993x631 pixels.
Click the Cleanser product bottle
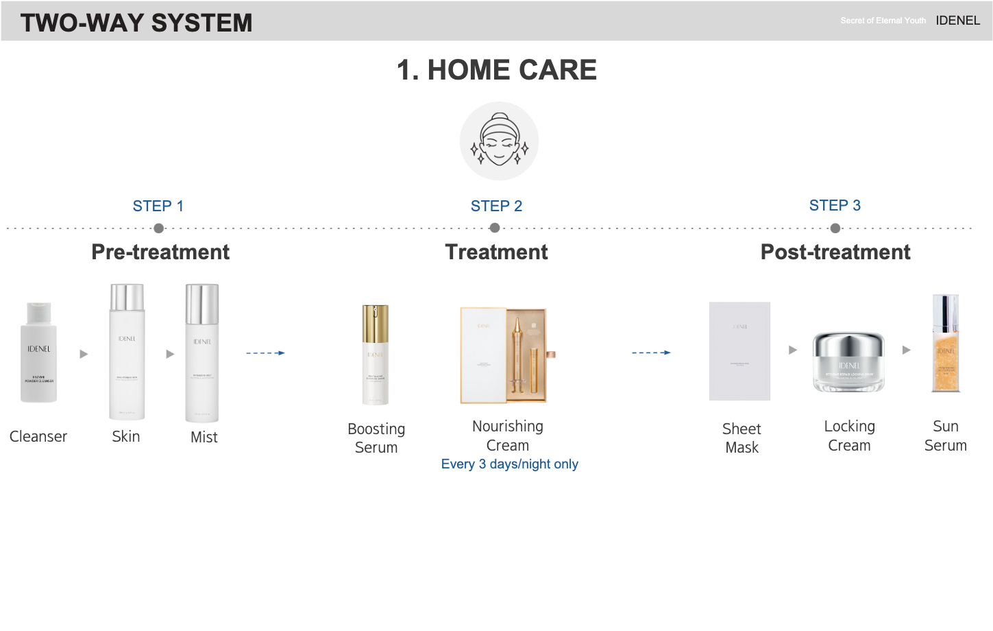[38, 353]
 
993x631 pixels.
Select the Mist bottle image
[202, 353]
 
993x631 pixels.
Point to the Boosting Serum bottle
[376, 355]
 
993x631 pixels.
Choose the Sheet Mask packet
[739, 351]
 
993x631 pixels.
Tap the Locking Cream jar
[848, 361]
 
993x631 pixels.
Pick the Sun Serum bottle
[946, 344]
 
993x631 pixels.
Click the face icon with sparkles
[499, 141]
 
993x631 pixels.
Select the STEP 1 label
[158, 206]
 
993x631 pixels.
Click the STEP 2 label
[496, 206]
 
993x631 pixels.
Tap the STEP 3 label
[835, 206]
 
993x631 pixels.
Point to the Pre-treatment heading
[160, 252]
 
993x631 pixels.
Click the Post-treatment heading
[835, 252]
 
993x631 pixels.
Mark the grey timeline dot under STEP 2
[495, 228]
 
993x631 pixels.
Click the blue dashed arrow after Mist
[265, 353]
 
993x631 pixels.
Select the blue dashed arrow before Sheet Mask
[651, 353]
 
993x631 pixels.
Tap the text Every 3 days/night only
[509, 464]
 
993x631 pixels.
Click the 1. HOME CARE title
[497, 70]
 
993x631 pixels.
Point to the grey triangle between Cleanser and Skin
[84, 354]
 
